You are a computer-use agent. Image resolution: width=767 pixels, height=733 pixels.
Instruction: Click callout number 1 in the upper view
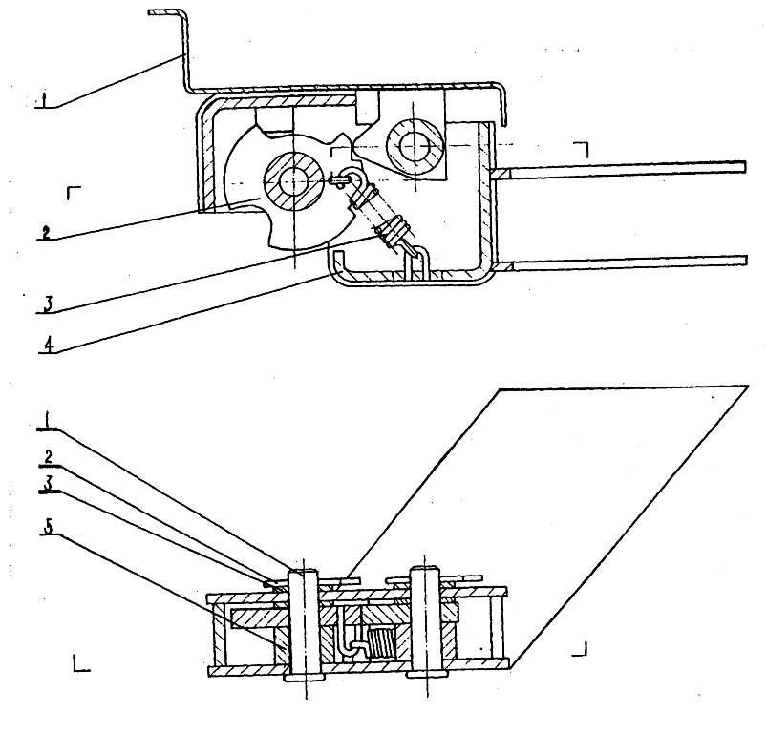point(45,100)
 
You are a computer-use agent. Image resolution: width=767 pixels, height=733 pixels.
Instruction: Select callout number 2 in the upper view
point(46,232)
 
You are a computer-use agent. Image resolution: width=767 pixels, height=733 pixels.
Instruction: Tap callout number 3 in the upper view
point(48,304)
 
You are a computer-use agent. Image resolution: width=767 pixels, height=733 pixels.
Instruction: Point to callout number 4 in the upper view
point(49,345)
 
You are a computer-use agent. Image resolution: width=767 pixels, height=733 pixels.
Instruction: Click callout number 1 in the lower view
point(47,419)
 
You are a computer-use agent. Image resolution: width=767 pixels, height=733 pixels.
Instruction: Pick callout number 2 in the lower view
point(49,457)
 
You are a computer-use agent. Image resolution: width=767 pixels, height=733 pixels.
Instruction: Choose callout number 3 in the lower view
point(48,483)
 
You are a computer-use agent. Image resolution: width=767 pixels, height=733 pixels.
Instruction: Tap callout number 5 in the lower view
point(48,527)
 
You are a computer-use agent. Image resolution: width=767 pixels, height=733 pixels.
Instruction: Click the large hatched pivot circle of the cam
point(294,181)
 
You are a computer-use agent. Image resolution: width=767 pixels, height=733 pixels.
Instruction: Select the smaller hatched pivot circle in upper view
point(414,145)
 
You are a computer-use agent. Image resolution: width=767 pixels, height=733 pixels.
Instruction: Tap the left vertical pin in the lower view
point(304,624)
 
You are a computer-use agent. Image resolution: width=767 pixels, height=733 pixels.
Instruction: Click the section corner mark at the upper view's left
point(74,193)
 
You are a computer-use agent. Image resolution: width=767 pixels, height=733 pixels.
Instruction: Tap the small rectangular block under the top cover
point(368,107)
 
